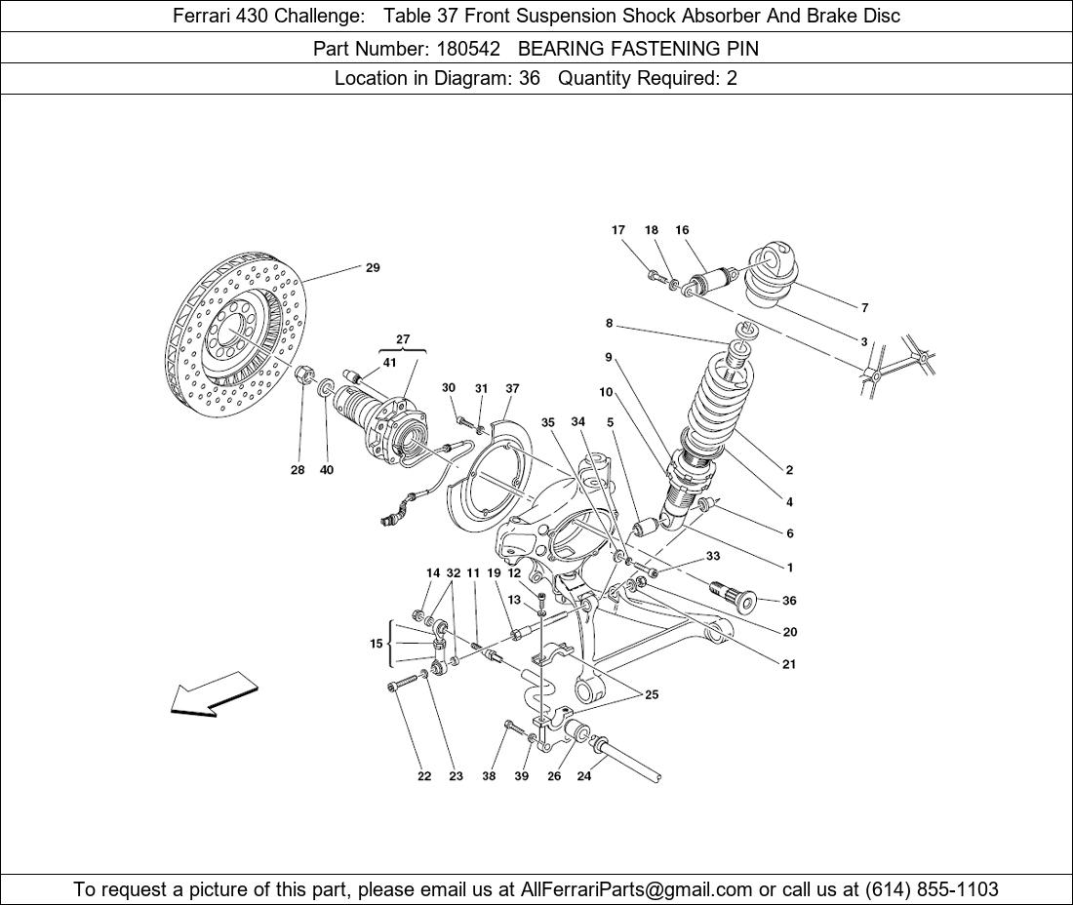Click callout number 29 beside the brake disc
tap(373, 268)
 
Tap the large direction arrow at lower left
tap(214, 695)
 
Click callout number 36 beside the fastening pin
tap(789, 602)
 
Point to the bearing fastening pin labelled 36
tap(737, 596)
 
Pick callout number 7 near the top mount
tap(864, 308)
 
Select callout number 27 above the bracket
tap(403, 339)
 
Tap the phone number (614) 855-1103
tap(931, 889)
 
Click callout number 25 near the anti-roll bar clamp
tap(652, 695)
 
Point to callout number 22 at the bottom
tap(424, 777)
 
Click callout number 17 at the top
tap(618, 230)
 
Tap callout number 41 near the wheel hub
tap(390, 363)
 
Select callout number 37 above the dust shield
tap(512, 388)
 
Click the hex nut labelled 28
tap(303, 374)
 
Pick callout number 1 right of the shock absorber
tap(789, 568)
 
